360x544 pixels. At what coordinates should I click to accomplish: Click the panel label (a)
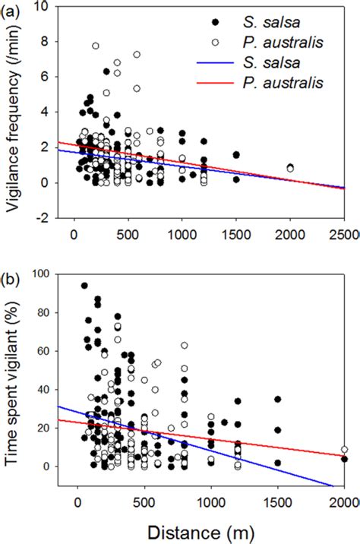pyautogui.click(x=14, y=11)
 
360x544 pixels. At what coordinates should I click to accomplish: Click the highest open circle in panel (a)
pyautogui.click(x=96, y=46)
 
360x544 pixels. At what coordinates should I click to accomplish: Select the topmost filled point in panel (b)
pyautogui.click(x=84, y=286)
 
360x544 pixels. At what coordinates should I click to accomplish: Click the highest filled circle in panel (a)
pyautogui.click(x=107, y=71)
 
